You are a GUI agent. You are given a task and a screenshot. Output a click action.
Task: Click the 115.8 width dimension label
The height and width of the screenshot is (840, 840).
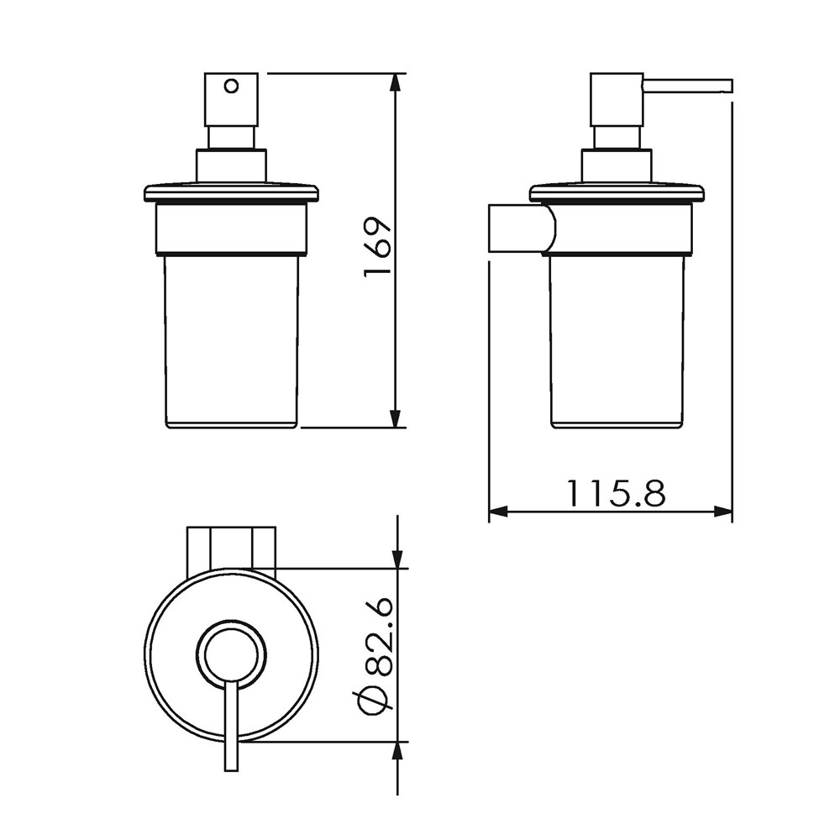pyautogui.click(x=616, y=493)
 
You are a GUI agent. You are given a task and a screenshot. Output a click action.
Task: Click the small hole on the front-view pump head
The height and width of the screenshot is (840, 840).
pyautogui.click(x=231, y=86)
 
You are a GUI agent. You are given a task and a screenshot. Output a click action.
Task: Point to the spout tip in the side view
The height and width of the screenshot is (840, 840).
pyautogui.click(x=730, y=87)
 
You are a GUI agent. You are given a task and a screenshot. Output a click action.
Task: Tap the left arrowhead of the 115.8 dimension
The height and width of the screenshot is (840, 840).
pyautogui.click(x=497, y=512)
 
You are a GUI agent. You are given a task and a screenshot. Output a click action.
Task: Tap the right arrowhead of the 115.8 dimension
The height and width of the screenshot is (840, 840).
pyautogui.click(x=722, y=512)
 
